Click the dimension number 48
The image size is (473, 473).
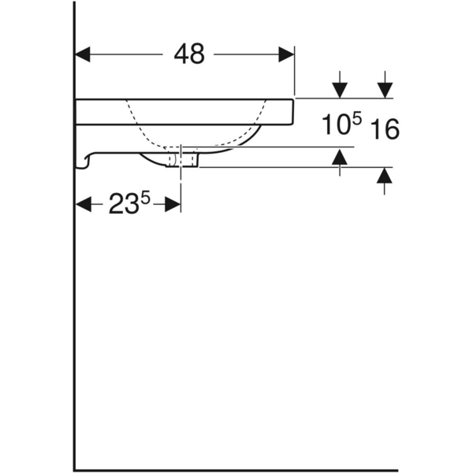[x=188, y=54]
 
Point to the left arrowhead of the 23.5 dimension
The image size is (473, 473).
[x=83, y=205]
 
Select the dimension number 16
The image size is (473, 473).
[x=385, y=128]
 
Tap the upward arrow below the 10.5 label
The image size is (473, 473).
[x=339, y=159]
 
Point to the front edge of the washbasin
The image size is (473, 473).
[x=293, y=111]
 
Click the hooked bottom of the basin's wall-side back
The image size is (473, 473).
[x=84, y=163]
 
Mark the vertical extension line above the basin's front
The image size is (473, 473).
[x=294, y=75]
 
